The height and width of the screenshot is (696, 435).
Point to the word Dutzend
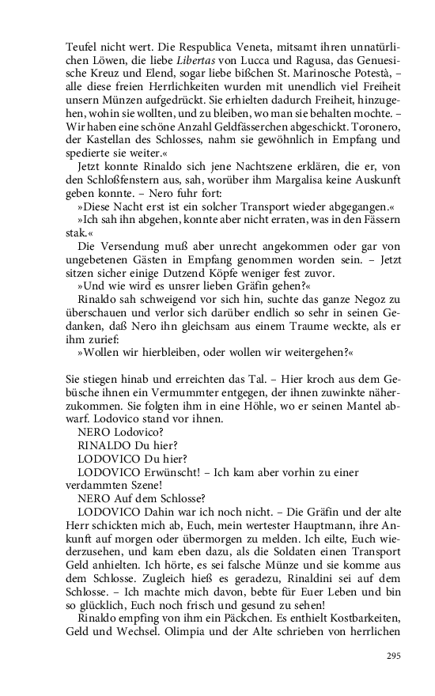(x=161, y=278)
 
